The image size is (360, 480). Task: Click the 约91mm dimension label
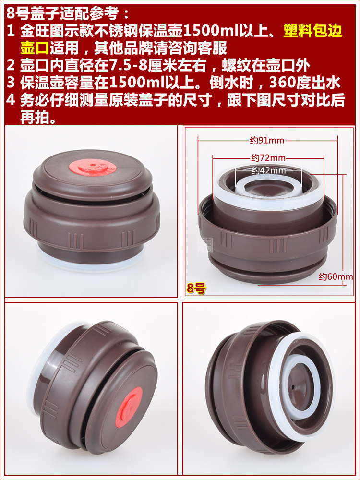[267, 141]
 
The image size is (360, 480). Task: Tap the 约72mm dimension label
[268, 158]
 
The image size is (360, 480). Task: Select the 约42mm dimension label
[268, 170]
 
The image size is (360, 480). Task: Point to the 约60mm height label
[336, 277]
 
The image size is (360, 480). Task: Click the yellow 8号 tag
[196, 288]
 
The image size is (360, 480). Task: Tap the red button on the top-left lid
[91, 168]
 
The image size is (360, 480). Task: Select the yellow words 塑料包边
[312, 31]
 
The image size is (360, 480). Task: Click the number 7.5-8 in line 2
[128, 65]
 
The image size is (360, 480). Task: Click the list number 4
[11, 100]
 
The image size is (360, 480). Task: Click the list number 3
[11, 83]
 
